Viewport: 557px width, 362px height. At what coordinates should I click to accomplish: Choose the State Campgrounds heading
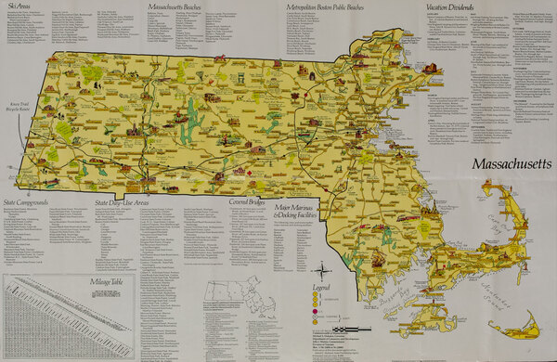(x=33, y=200)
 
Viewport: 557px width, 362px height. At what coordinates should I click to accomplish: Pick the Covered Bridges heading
(x=250, y=200)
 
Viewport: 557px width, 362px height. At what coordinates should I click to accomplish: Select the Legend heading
(x=320, y=289)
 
